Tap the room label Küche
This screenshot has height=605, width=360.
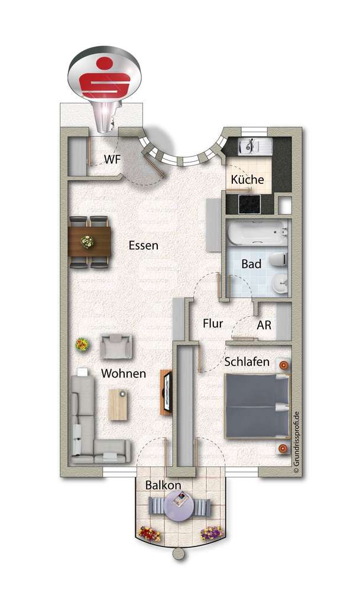(x=247, y=180)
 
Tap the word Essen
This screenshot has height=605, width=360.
(x=143, y=245)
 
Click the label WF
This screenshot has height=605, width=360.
(x=112, y=159)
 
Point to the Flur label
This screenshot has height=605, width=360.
(x=212, y=323)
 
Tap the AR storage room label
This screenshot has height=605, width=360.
(x=264, y=324)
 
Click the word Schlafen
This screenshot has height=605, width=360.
(x=247, y=362)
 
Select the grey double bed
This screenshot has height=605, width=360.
(x=256, y=406)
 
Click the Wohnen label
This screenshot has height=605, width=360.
(x=123, y=373)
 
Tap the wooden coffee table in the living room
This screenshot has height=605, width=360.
(x=117, y=404)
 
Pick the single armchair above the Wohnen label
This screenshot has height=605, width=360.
(x=116, y=346)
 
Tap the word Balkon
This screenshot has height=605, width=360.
(x=163, y=485)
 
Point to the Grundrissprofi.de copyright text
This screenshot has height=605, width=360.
(x=296, y=443)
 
